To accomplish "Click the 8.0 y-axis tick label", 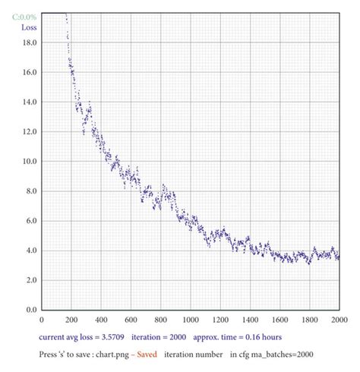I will coord(30,191).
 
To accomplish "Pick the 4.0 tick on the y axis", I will coord(30,251).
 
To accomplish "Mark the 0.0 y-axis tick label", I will coord(30,310).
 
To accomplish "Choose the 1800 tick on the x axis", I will coord(309,320).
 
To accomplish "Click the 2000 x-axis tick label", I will coord(337,320).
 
